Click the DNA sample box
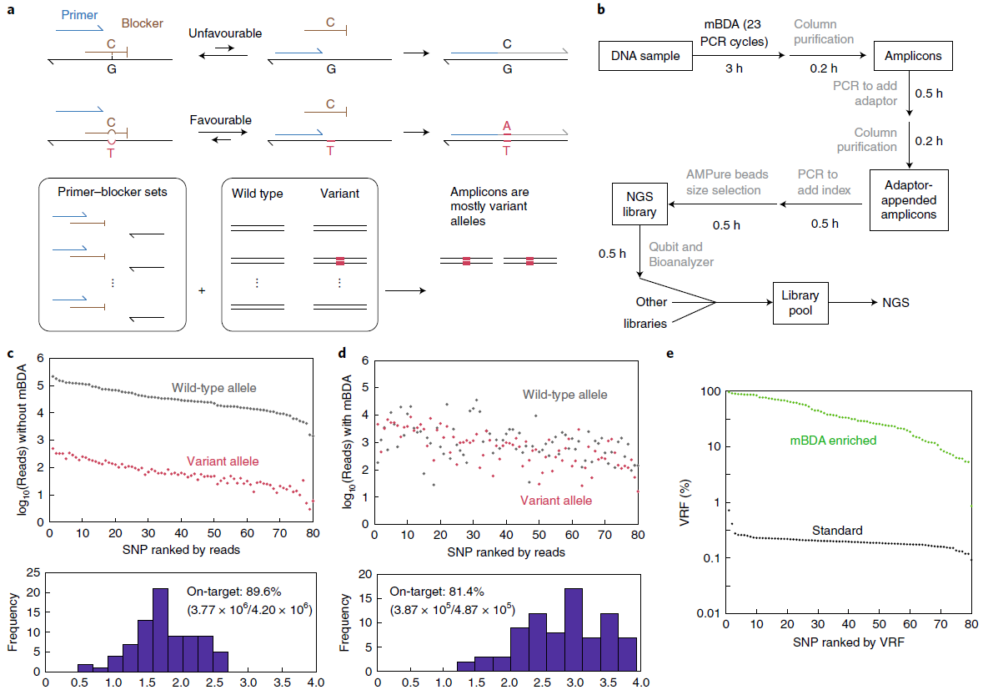[x=645, y=56]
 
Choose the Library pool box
[x=800, y=303]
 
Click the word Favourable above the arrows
[x=220, y=120]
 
